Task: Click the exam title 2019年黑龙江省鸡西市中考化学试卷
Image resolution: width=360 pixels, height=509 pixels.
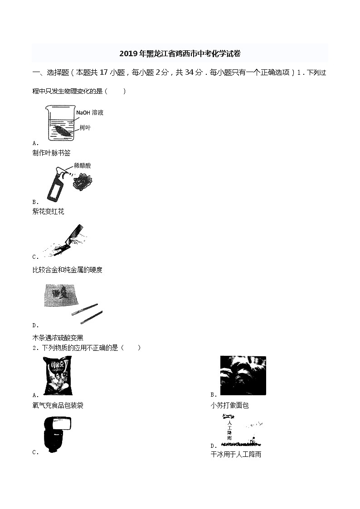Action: tap(180, 54)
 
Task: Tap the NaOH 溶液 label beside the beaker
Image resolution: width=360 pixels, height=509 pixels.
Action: tap(90, 112)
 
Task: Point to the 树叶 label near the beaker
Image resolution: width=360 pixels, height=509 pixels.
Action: tap(85, 128)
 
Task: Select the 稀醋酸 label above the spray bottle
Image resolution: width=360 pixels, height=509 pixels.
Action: tap(82, 166)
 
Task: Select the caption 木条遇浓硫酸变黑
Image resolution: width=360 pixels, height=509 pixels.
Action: tap(58, 338)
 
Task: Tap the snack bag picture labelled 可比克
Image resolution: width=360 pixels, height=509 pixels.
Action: tap(57, 375)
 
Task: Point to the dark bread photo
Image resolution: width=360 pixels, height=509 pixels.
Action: tap(243, 375)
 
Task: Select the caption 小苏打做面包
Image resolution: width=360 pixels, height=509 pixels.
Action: tap(229, 405)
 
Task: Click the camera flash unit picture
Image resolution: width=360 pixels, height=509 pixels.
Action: tap(56, 432)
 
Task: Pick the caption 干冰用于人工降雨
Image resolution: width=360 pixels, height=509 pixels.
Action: tap(236, 454)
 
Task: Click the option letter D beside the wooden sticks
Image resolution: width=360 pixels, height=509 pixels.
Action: tap(35, 325)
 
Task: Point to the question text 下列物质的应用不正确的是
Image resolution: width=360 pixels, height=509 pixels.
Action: tap(80, 348)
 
